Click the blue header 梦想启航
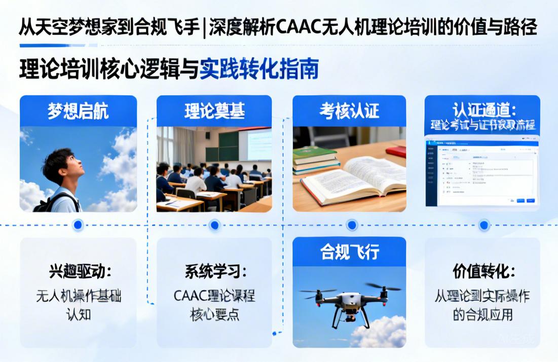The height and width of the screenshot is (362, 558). point(78,111)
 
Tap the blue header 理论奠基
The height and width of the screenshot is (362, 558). point(214,111)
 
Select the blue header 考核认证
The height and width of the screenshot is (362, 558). point(349,111)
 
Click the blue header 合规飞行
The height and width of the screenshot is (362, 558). point(349,252)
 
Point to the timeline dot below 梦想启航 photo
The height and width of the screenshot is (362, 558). point(78,225)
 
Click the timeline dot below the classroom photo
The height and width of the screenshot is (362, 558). point(214,225)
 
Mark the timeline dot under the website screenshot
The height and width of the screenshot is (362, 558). point(483,225)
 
